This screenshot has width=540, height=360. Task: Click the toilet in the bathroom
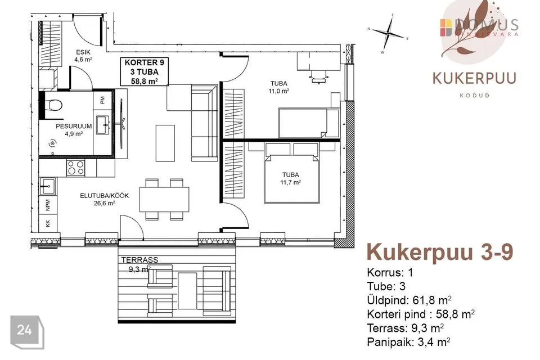click(53, 105)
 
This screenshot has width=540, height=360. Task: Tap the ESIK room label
click(83, 52)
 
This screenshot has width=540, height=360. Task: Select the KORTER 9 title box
click(145, 71)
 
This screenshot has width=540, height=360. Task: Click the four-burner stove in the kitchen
click(76, 168)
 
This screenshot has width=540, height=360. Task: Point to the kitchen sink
click(47, 186)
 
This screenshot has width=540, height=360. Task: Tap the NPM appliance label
click(48, 205)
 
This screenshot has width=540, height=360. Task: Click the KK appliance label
click(48, 223)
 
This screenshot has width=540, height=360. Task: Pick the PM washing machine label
click(102, 100)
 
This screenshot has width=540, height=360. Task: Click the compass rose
click(389, 33)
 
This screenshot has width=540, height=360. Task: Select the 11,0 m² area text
click(278, 91)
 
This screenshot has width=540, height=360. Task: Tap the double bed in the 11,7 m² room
click(292, 172)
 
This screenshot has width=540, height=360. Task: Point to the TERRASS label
click(139, 260)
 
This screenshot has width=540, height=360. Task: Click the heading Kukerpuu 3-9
click(440, 252)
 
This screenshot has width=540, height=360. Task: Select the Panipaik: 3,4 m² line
click(408, 342)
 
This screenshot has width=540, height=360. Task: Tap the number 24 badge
click(25, 330)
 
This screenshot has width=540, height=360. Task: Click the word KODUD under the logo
click(475, 96)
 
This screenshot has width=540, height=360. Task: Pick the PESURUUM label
click(74, 127)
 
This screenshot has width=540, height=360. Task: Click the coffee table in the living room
click(165, 143)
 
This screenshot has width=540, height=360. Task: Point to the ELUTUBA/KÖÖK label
click(105, 196)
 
